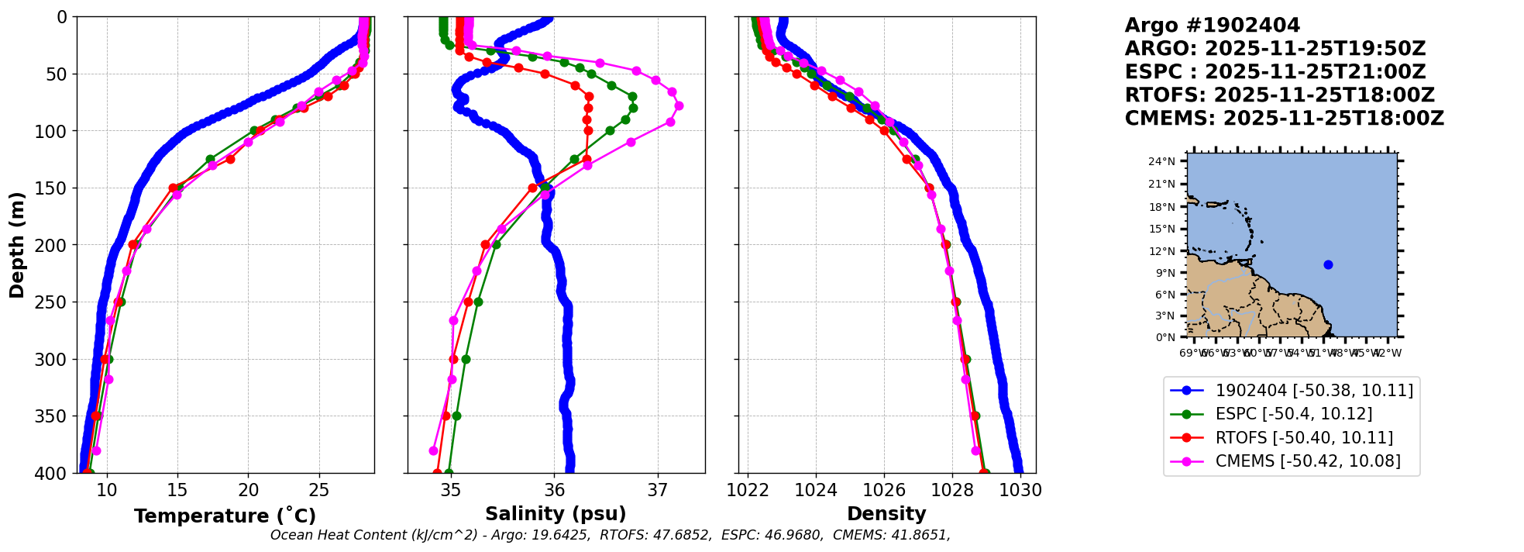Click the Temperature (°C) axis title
pos(225,516)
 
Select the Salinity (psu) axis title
pos(556,514)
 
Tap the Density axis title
pos(886,514)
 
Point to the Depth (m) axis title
pos(17,244)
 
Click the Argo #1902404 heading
pos(1213,26)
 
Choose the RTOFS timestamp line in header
pos(1279,95)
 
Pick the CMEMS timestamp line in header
pos(1284,119)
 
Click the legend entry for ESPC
pos(1293,414)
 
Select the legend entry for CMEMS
pos(1307,461)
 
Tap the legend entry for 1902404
pos(1313,391)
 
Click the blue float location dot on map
pos(1328,264)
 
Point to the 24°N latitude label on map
pos(1161,162)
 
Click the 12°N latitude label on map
pos(1161,251)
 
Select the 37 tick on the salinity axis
pos(658,491)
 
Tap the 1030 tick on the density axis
pos(1020,491)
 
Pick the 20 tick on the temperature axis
pos(248,491)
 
